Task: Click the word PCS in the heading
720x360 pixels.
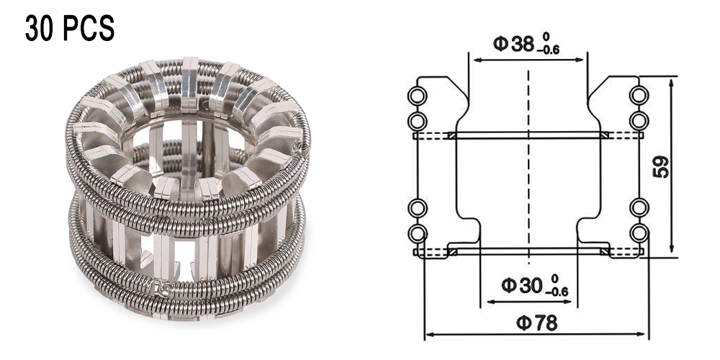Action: (88, 28)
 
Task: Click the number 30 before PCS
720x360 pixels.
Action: (40, 28)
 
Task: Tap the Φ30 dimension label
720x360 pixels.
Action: (522, 286)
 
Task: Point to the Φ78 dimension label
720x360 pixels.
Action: (537, 323)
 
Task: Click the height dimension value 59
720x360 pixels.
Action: (662, 167)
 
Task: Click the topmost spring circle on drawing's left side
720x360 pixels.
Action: (418, 96)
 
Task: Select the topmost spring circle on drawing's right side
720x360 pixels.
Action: (639, 96)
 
